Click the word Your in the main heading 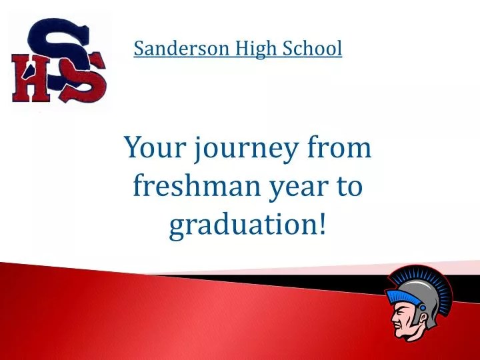(x=153, y=147)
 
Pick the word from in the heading (x=338, y=147)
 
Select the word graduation (x=241, y=227)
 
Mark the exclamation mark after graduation (x=323, y=225)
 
